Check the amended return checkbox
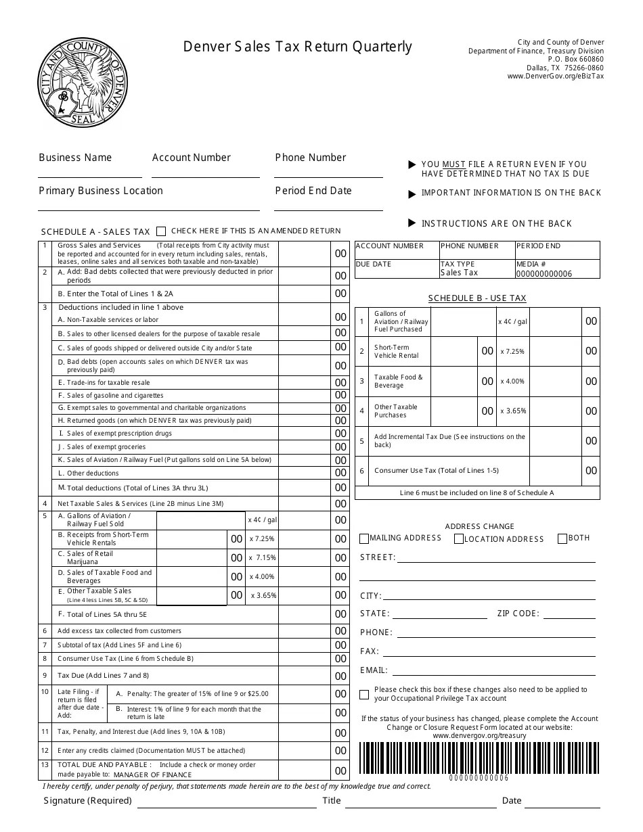(161, 231)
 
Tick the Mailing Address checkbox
(364, 539)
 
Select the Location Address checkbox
(459, 539)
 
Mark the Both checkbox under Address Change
(562, 539)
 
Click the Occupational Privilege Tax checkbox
(364, 694)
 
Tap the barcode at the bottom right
(479, 758)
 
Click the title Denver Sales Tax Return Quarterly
(297, 47)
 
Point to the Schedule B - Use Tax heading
(477, 298)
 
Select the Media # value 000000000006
(544, 273)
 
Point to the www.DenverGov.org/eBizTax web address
(555, 76)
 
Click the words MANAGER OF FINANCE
(153, 775)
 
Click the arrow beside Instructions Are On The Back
(412, 223)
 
